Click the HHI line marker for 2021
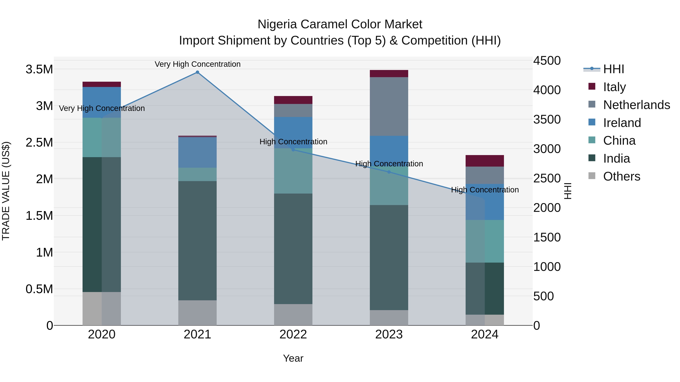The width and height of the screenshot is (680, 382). tap(197, 72)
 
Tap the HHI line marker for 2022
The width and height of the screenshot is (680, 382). tap(293, 149)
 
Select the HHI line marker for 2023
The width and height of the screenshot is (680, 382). tap(389, 172)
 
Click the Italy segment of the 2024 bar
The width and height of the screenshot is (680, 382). tap(485, 161)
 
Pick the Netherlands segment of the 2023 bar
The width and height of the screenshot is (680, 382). tap(389, 107)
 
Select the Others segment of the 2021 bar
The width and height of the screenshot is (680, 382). tap(197, 313)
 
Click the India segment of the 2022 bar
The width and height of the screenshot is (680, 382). tap(293, 249)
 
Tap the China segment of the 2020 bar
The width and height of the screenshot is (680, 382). tap(102, 137)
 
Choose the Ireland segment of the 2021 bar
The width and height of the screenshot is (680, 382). tap(197, 152)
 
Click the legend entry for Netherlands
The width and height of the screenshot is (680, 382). tap(636, 105)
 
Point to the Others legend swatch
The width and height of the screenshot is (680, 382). tap(592, 176)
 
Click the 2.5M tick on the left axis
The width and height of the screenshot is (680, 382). tap(39, 143)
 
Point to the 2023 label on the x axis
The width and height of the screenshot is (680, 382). tap(389, 334)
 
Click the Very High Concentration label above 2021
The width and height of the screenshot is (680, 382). tap(197, 64)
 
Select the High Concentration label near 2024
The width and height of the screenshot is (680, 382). tap(485, 190)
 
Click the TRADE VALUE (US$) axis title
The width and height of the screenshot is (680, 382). tap(6, 191)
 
